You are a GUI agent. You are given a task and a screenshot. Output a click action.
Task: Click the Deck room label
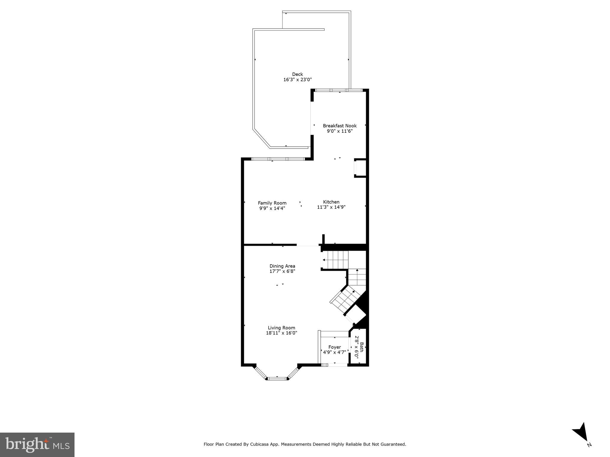(x=297, y=74)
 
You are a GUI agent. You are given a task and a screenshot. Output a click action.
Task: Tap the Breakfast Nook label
(x=340, y=126)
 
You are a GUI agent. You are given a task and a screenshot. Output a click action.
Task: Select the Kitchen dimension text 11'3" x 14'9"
(x=331, y=207)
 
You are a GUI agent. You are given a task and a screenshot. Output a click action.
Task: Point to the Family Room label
(x=272, y=203)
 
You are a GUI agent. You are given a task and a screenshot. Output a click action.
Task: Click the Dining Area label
(x=282, y=266)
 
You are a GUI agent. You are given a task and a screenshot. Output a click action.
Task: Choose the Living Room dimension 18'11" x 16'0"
(x=282, y=333)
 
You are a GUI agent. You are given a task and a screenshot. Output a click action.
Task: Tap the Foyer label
(x=335, y=347)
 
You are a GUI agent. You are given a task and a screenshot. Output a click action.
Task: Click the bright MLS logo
(x=37, y=445)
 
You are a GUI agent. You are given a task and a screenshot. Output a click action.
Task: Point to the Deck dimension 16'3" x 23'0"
(x=297, y=80)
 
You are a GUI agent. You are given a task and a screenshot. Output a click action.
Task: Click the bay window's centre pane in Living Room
(x=277, y=378)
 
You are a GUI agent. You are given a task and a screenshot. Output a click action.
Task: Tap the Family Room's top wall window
(x=278, y=159)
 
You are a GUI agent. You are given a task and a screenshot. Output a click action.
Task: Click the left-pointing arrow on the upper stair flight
(x=324, y=260)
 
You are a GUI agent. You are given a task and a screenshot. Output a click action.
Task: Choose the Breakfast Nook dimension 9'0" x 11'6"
(x=340, y=131)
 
